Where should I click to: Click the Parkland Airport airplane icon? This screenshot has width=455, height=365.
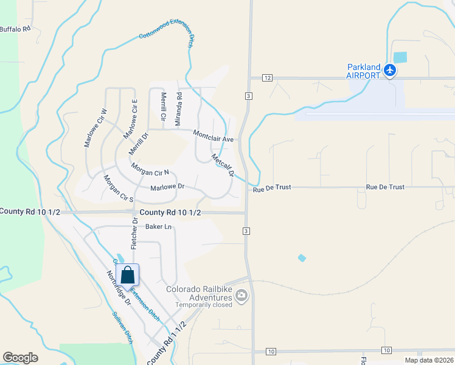pyautogui.click(x=390, y=71)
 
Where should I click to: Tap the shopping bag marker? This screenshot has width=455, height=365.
pyautogui.click(x=127, y=275)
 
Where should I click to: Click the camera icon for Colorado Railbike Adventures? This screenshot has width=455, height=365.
pyautogui.click(x=242, y=296)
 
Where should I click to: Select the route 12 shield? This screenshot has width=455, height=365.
pyautogui.click(x=267, y=78)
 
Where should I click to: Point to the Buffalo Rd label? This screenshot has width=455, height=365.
pyautogui.click(x=15, y=29)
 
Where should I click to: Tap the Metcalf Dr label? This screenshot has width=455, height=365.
pyautogui.click(x=223, y=165)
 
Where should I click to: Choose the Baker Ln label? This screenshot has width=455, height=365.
pyautogui.click(x=159, y=227)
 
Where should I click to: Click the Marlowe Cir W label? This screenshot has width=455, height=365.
pyautogui.click(x=96, y=128)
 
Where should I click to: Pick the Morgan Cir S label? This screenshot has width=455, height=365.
pyautogui.click(x=118, y=189)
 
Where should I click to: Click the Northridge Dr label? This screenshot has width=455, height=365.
pyautogui.click(x=119, y=288)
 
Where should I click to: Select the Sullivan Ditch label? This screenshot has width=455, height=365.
pyautogui.click(x=122, y=328)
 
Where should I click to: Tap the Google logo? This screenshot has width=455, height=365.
pyautogui.click(x=21, y=358)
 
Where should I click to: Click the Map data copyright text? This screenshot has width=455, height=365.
pyautogui.click(x=429, y=360)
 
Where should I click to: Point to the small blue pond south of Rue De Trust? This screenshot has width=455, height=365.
pyautogui.click(x=302, y=258)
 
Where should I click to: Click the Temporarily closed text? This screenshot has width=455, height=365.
pyautogui.click(x=204, y=305)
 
